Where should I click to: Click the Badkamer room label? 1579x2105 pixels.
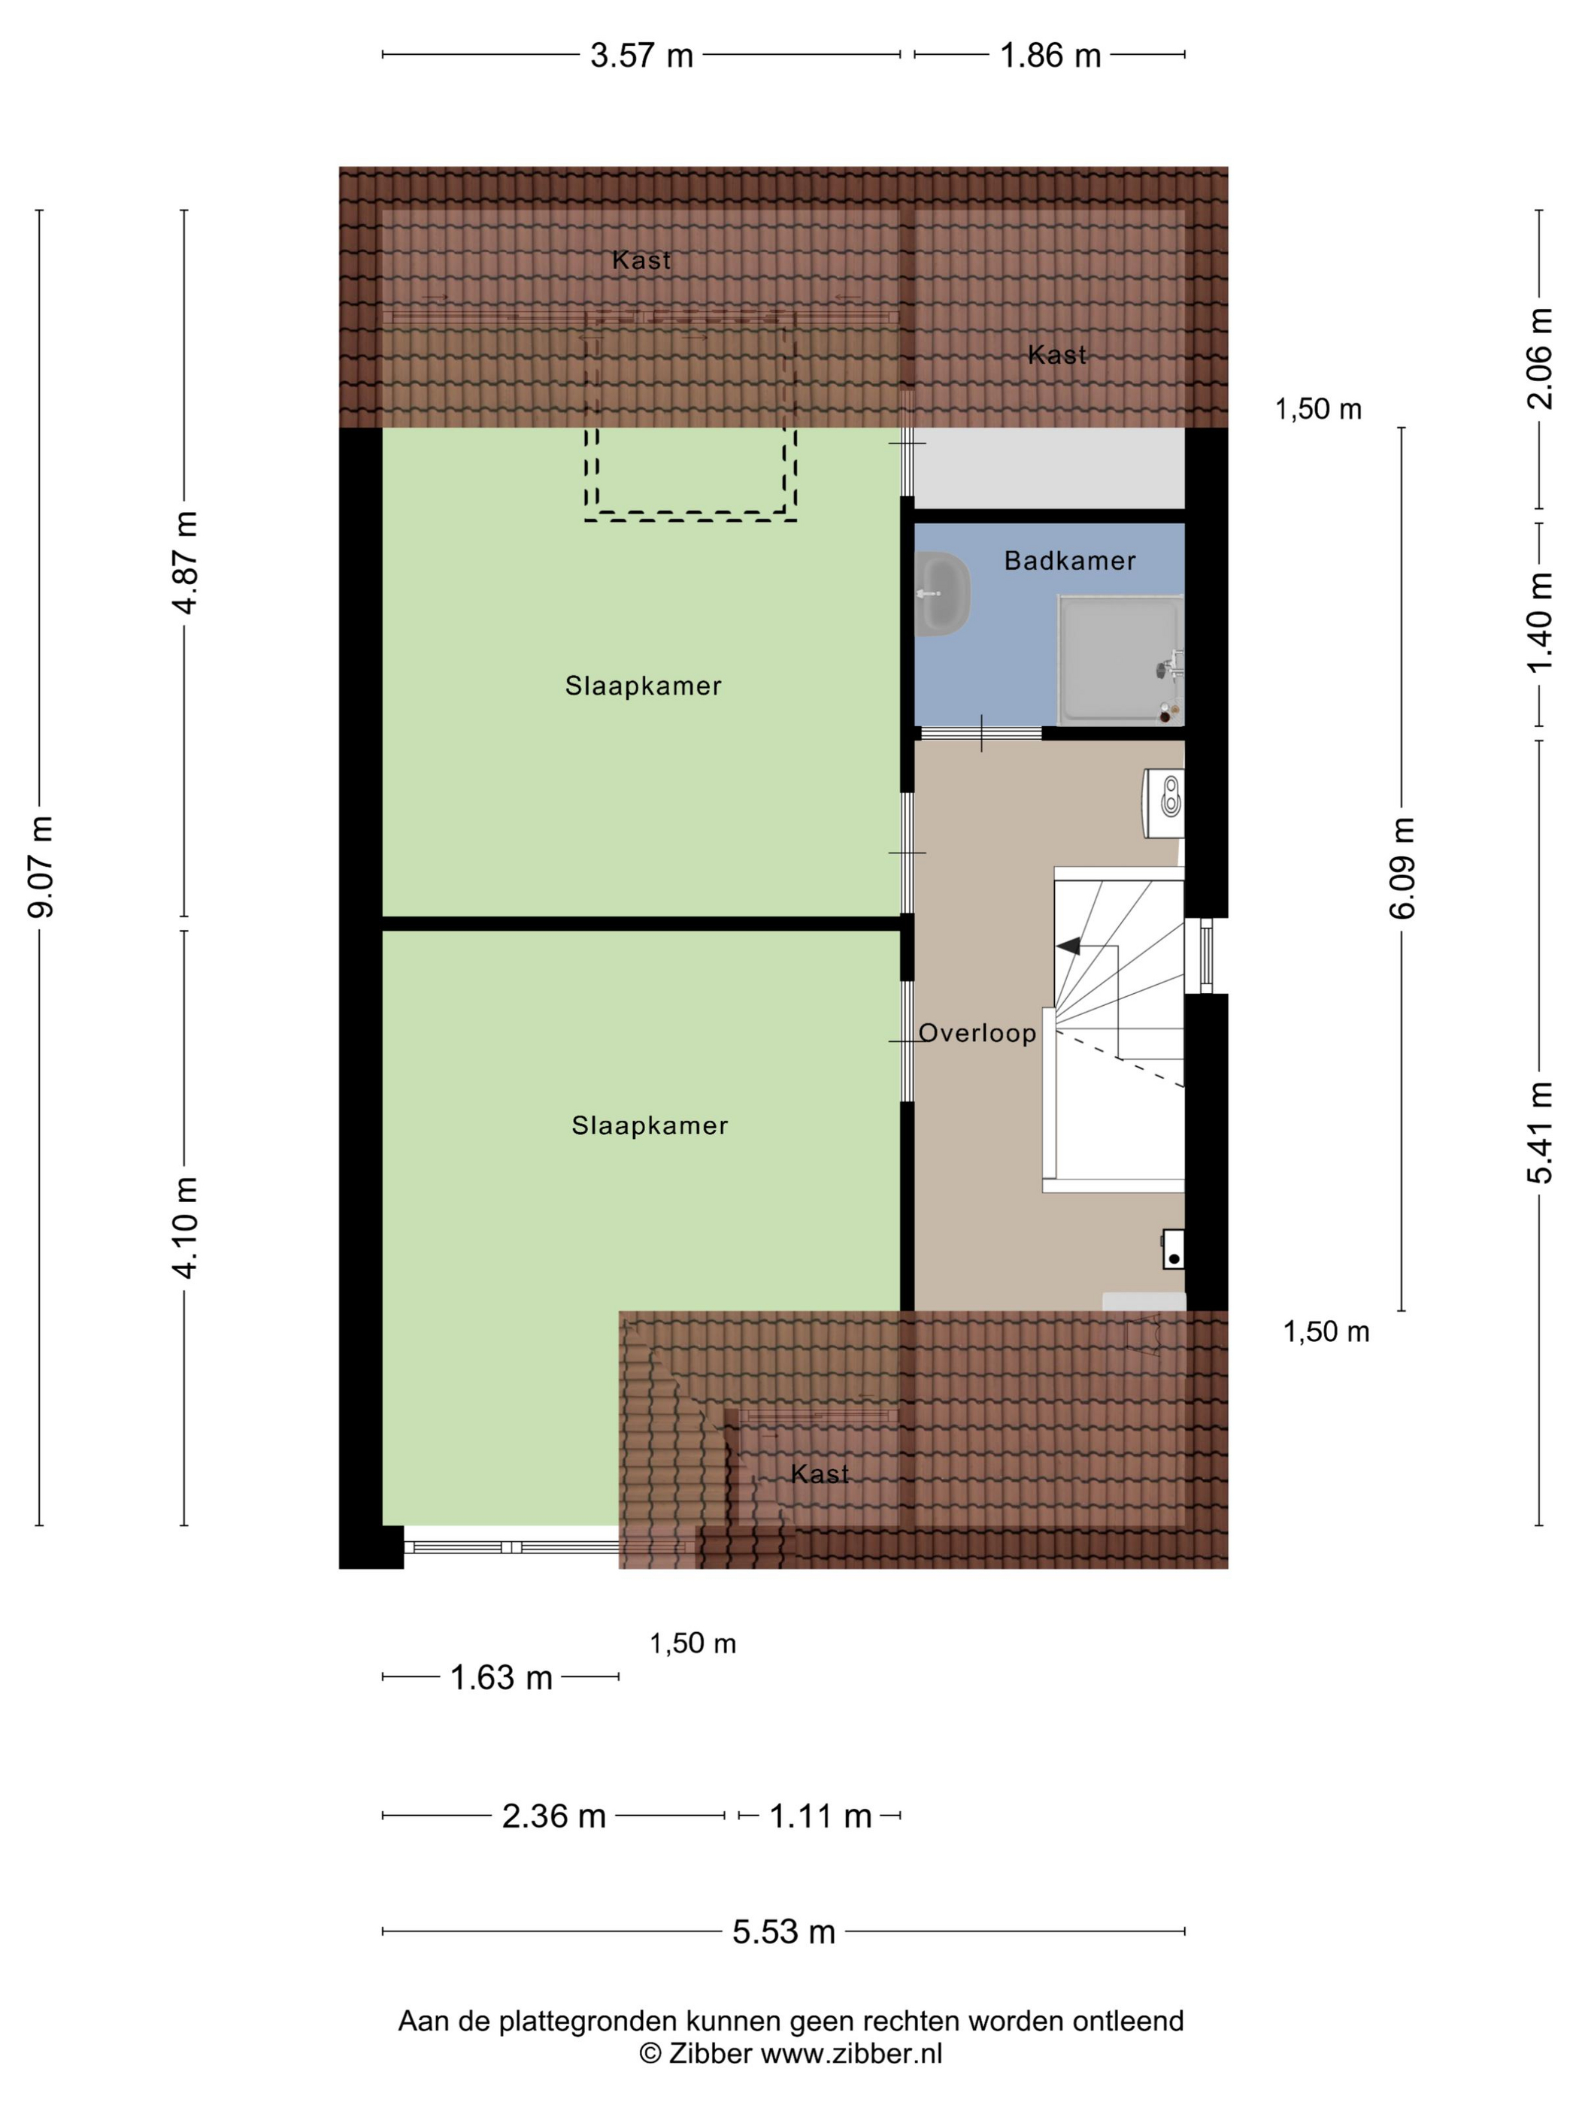click(x=1070, y=561)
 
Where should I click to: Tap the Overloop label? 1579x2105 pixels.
click(x=977, y=1034)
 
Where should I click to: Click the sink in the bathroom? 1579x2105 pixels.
click(x=941, y=594)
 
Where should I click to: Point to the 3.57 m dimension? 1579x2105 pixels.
click(x=641, y=55)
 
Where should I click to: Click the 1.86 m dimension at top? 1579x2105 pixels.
click(x=1050, y=55)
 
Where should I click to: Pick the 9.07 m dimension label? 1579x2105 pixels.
click(x=41, y=866)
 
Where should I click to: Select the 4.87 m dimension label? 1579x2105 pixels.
click(x=185, y=562)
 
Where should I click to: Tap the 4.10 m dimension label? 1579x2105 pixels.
click(x=185, y=1227)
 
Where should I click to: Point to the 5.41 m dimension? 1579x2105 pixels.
click(x=1539, y=1132)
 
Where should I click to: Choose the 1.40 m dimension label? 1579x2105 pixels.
click(x=1539, y=622)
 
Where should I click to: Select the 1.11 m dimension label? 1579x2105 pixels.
click(x=820, y=1816)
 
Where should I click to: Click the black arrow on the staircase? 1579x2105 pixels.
click(x=1069, y=946)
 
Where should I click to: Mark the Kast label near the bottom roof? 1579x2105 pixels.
click(x=820, y=1474)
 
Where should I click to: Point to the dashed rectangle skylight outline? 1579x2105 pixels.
click(x=690, y=519)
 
